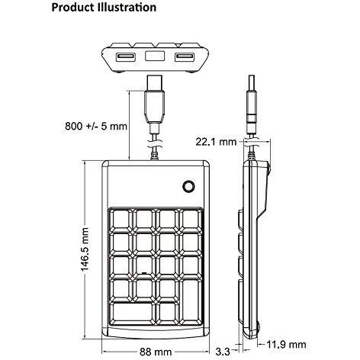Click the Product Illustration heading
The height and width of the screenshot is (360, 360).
(104, 8)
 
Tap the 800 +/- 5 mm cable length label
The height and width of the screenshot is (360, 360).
(96, 126)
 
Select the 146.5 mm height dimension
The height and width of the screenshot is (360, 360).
(85, 249)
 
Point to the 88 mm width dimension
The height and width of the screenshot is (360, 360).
(156, 352)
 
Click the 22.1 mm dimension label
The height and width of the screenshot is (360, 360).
(216, 142)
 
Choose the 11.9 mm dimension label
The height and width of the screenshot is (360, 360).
(286, 345)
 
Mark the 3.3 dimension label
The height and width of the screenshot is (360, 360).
(223, 352)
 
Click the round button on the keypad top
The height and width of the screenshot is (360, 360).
(189, 187)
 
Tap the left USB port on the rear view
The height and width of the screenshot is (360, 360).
(125, 56)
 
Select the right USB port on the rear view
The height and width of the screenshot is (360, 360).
(184, 56)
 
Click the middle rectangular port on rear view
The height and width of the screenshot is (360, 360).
(155, 56)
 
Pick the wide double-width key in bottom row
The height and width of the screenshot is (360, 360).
(132, 313)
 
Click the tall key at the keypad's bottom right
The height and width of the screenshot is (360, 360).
(191, 302)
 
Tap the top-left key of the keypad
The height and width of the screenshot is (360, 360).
(121, 220)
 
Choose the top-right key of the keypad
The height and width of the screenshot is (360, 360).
(191, 220)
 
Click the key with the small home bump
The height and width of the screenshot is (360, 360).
(144, 267)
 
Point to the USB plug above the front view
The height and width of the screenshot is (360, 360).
(154, 104)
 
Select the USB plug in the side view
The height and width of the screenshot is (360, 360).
(252, 104)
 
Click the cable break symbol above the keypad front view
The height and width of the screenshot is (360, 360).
(154, 144)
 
